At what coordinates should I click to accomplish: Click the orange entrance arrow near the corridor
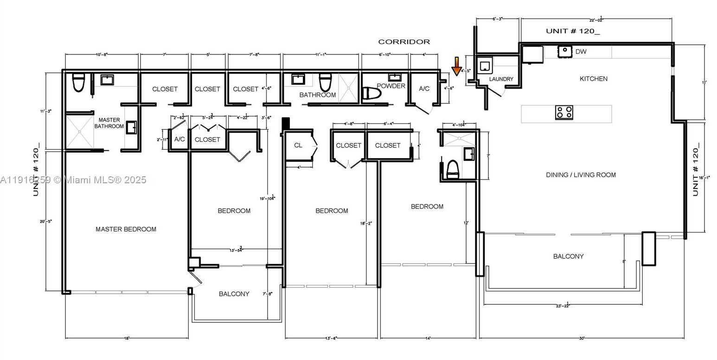tap(456, 66)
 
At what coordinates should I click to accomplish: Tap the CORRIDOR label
tap(404, 42)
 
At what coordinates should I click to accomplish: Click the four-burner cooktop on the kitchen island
tap(564, 112)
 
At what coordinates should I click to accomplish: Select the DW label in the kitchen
tap(581, 51)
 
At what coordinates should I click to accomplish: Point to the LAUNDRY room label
tap(501, 79)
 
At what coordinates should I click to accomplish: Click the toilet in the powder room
tap(371, 93)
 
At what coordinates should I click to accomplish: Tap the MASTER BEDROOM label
tap(126, 229)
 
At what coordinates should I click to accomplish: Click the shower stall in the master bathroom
tap(79, 132)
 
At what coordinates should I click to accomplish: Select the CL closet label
tap(298, 145)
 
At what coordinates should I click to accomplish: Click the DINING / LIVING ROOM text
tap(581, 175)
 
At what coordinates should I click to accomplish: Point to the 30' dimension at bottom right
tap(581, 338)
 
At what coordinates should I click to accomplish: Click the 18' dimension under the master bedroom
tap(126, 338)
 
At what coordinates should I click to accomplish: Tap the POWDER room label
tap(391, 86)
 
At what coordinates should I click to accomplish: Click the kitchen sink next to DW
tap(565, 51)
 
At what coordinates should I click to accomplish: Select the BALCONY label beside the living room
tap(568, 256)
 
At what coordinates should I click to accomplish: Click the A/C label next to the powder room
tap(424, 89)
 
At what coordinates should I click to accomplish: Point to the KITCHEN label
tap(593, 79)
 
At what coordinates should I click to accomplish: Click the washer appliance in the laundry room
tap(485, 66)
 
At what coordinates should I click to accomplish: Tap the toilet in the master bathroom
tap(78, 83)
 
